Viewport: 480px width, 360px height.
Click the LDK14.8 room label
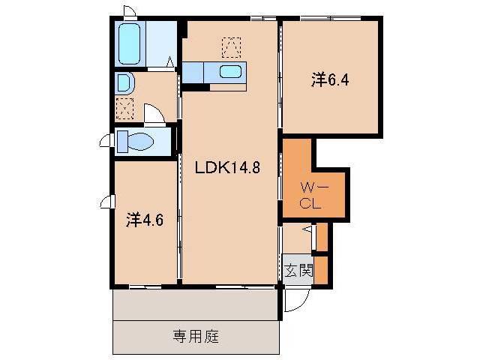pos(227,167)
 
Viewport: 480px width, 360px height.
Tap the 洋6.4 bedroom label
pos(330,80)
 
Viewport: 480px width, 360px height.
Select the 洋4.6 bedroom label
pos(145,220)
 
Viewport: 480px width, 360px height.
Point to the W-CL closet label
pos(312,196)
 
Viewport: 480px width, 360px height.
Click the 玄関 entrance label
pos(298,271)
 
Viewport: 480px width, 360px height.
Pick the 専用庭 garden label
pos(196,337)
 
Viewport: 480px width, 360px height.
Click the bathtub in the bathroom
pos(130,43)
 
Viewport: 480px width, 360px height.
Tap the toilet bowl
pos(140,142)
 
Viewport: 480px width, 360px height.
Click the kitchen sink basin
pos(230,72)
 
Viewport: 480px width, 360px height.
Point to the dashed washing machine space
pos(125,108)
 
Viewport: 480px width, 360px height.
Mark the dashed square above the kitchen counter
pos(231,47)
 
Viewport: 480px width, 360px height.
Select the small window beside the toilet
pos(107,141)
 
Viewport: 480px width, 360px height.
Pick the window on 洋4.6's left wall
pos(107,202)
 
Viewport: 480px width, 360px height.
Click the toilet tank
pos(123,142)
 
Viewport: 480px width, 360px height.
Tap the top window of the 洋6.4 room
pos(331,18)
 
